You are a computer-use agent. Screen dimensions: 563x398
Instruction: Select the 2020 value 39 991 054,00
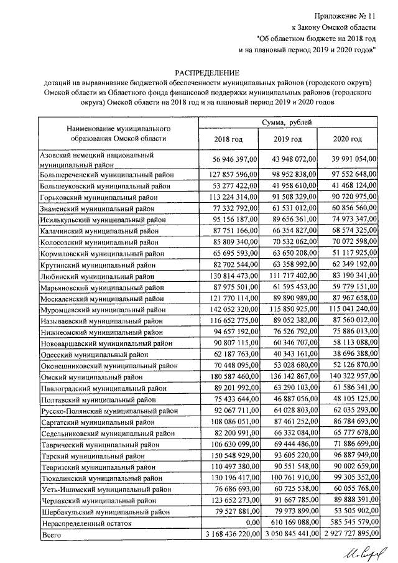coord(348,159)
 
